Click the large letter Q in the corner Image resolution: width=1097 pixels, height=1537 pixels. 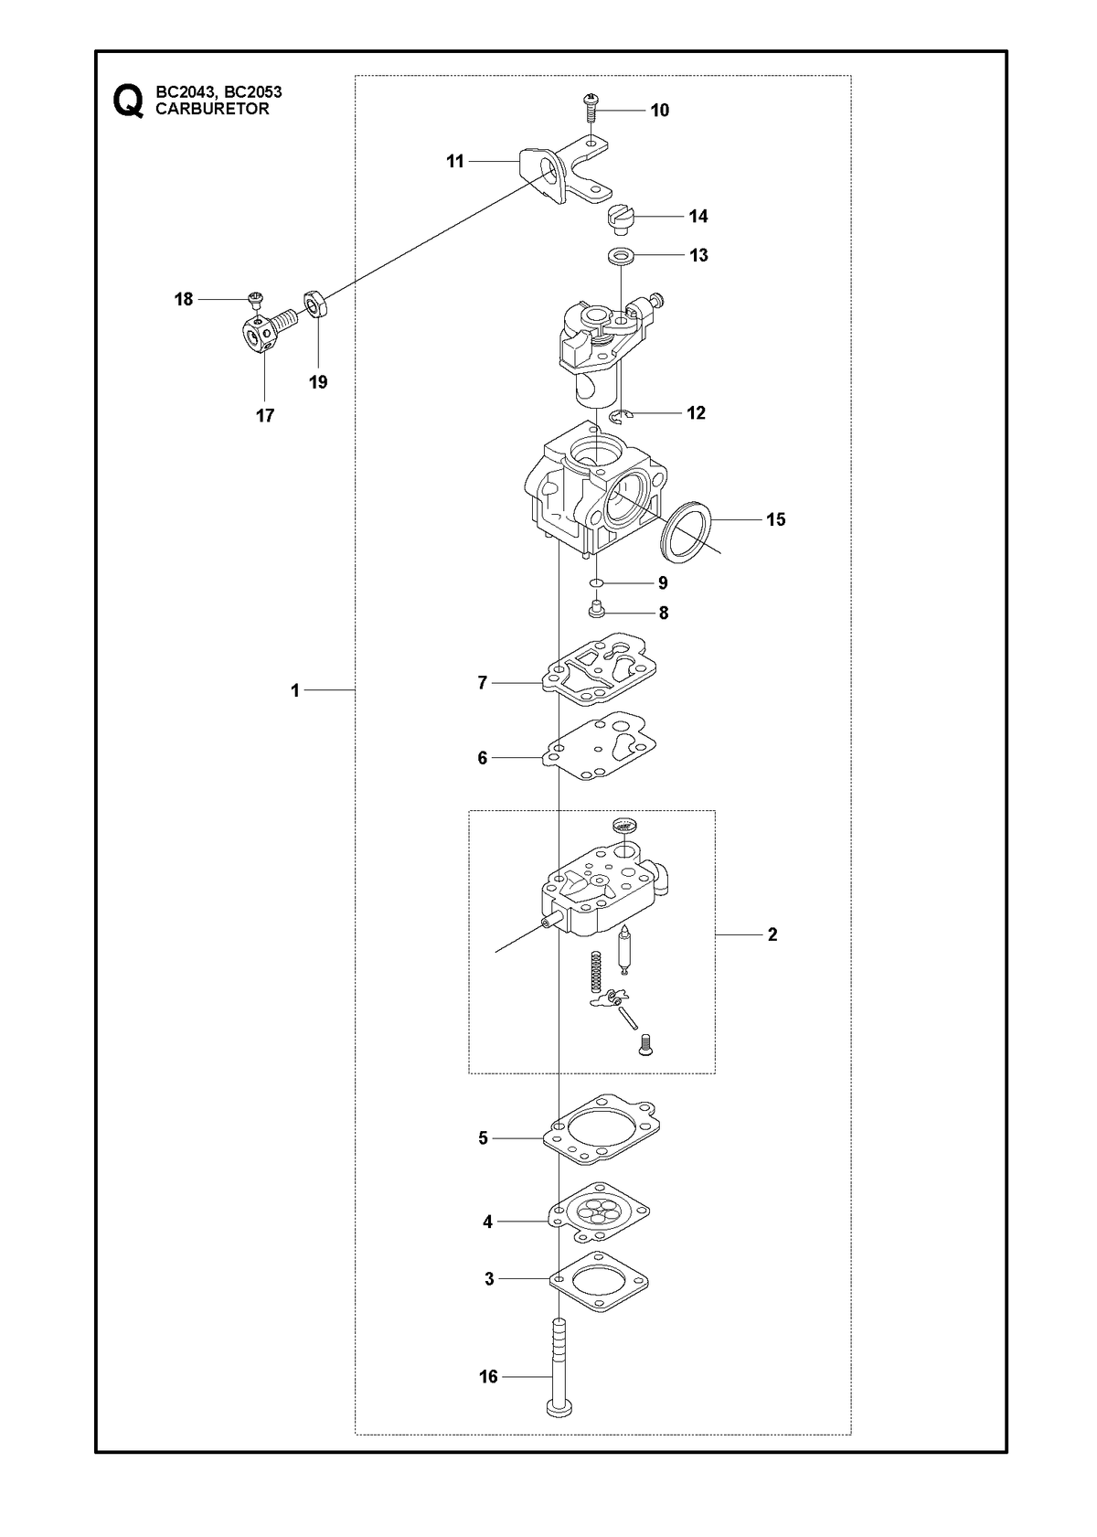point(128,101)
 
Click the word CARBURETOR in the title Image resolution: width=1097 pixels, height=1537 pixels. point(212,109)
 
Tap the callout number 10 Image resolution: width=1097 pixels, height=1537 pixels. point(659,111)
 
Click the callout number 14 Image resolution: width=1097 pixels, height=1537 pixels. point(698,216)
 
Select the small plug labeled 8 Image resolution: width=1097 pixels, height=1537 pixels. point(596,609)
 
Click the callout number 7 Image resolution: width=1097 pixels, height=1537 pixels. point(483,683)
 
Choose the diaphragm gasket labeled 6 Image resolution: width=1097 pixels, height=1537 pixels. point(598,746)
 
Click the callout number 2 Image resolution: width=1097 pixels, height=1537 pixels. point(772,934)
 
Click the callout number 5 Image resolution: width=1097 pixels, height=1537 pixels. point(483,1138)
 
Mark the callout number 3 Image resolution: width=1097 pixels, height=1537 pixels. point(489,1279)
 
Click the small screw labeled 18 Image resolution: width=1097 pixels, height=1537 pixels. point(255,299)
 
